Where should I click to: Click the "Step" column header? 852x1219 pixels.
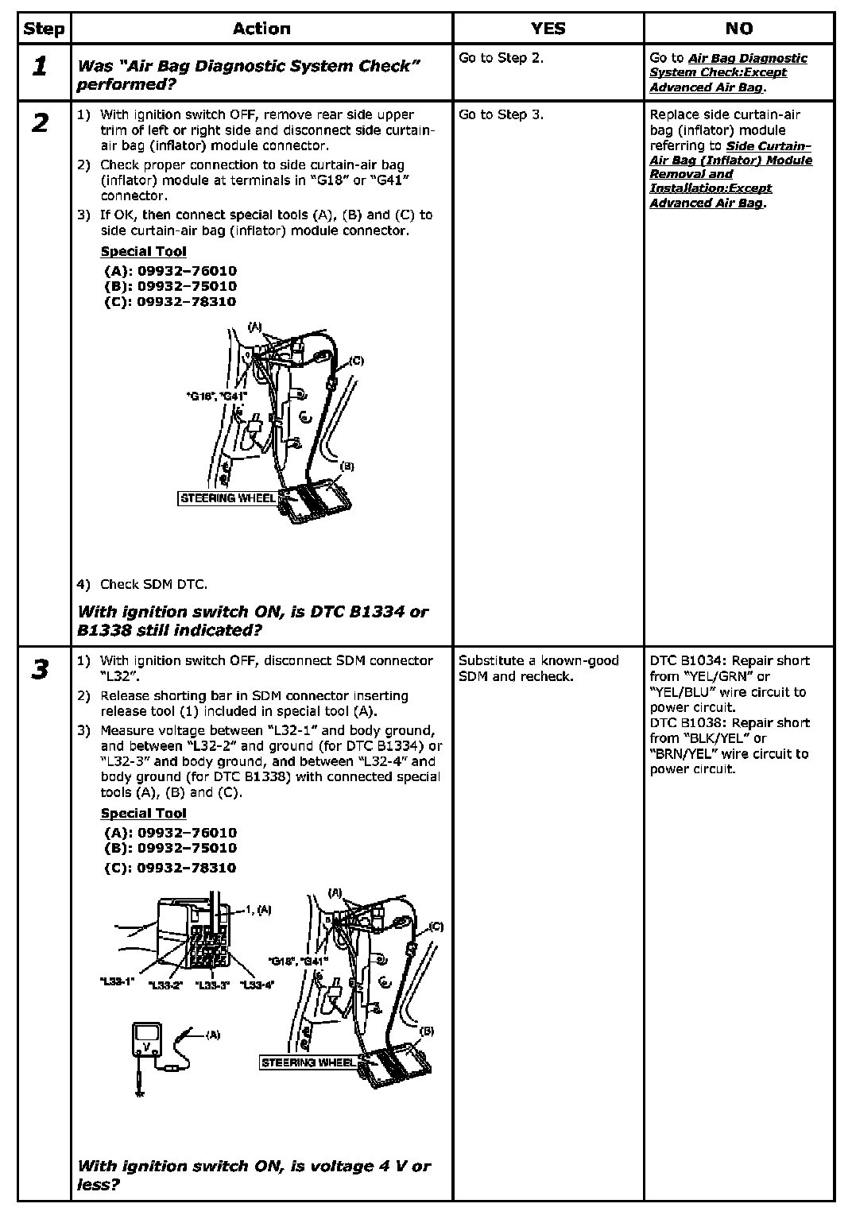click(44, 29)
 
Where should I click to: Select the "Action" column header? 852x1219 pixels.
click(261, 29)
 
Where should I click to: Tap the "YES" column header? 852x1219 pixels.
click(548, 29)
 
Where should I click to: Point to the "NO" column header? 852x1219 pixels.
click(738, 29)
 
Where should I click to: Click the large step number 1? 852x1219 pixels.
click(40, 67)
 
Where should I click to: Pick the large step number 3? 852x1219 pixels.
click(40, 670)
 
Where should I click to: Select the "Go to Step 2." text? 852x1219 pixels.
click(501, 58)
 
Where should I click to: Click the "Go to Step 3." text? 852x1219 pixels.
click(501, 114)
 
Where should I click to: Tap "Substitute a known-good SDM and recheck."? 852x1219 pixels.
click(538, 668)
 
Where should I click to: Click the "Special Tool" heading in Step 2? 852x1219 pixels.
click(143, 252)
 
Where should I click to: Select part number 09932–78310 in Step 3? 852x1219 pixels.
click(170, 868)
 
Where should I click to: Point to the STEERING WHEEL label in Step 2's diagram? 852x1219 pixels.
click(228, 498)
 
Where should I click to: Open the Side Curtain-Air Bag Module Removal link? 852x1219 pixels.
click(730, 174)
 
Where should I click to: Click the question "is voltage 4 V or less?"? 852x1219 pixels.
click(254, 1174)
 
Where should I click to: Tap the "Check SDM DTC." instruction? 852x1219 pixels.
click(153, 584)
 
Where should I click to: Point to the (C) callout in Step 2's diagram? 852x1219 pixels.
click(356, 361)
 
